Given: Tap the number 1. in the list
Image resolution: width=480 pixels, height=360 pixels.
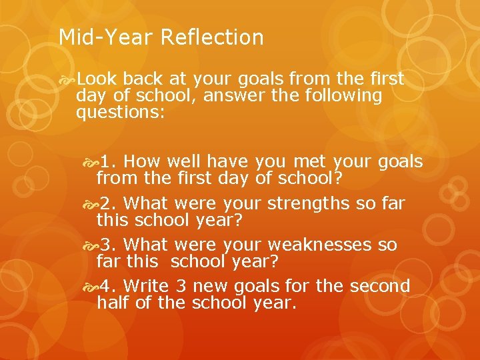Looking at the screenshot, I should (109, 162).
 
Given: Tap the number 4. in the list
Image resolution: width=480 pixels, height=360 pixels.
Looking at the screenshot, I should (109, 286).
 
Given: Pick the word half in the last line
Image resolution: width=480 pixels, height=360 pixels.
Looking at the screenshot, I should (111, 303).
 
